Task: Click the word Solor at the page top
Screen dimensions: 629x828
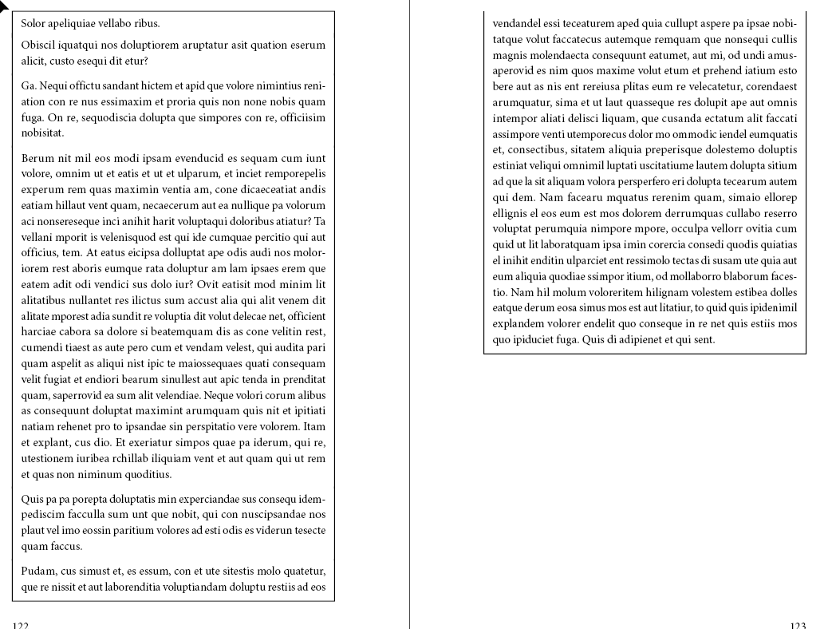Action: pos(34,23)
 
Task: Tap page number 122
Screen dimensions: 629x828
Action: pos(21,626)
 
